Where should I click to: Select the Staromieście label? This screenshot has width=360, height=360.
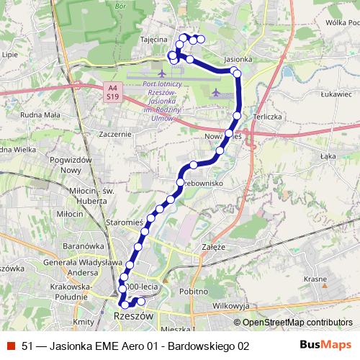124,224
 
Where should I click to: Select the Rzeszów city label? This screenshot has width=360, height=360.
135,315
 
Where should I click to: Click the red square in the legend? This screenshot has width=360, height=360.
11,346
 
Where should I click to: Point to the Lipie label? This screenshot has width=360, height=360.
10,54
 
